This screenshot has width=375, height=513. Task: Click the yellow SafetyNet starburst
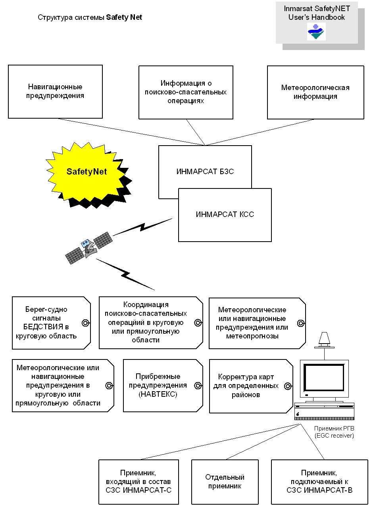(87, 171)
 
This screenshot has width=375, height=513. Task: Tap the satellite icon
(89, 248)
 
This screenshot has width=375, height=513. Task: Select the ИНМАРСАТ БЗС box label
(205, 172)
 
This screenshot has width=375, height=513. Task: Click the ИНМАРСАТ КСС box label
(225, 214)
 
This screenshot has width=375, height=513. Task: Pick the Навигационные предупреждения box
(55, 92)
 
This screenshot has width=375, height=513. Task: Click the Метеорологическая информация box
(315, 92)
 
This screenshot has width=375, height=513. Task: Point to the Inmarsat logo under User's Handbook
(316, 32)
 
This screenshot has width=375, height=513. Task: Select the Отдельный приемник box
(225, 482)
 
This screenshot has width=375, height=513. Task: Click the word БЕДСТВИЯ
(43, 327)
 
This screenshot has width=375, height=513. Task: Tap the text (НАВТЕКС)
(158, 394)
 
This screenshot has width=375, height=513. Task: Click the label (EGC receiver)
(334, 436)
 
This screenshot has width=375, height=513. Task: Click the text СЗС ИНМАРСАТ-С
(138, 490)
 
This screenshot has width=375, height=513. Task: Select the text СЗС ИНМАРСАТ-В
(319, 490)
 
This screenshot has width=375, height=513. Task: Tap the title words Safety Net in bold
(124, 17)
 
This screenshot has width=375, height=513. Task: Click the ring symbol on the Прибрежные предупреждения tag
(198, 386)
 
